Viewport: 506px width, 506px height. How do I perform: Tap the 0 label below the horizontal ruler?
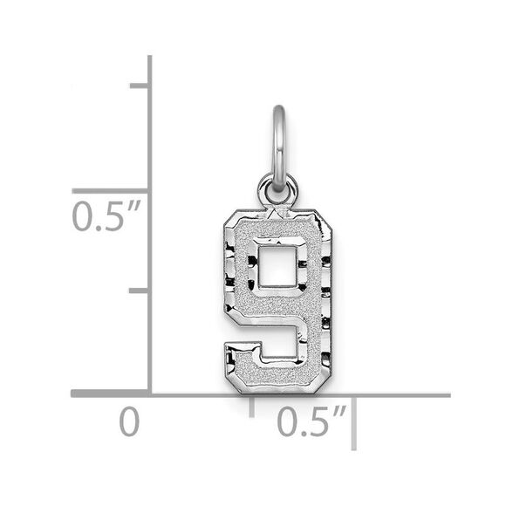pyautogui.click(x=129, y=424)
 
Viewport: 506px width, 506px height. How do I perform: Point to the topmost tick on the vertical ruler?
pyautogui.click(x=140, y=85)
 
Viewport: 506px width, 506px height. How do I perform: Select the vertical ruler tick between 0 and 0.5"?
pyautogui.click(x=140, y=291)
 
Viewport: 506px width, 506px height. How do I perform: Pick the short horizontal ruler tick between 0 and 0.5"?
pyautogui.click(x=253, y=405)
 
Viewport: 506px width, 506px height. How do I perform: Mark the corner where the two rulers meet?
pyautogui.click(x=150, y=395)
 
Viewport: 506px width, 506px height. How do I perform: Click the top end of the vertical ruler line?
pyautogui.click(x=150, y=58)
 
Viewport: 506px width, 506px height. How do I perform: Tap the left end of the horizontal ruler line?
pyautogui.click(x=72, y=395)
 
